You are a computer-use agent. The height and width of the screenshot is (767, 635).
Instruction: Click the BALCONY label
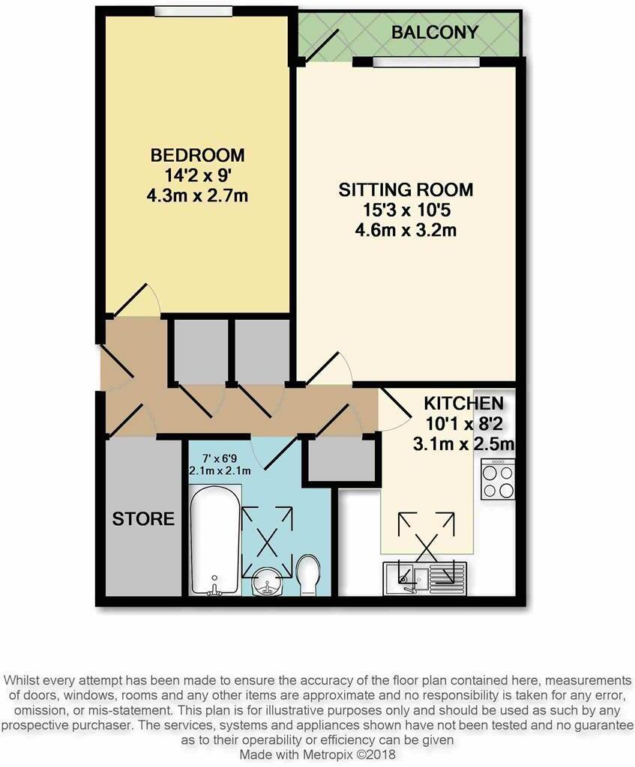[435, 32]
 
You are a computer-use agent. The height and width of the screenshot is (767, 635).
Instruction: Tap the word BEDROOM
[198, 156]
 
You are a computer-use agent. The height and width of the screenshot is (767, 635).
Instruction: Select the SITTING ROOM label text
[406, 190]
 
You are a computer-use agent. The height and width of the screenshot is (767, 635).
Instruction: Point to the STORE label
[144, 518]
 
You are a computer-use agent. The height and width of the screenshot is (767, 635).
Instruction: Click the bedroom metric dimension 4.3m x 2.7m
[198, 196]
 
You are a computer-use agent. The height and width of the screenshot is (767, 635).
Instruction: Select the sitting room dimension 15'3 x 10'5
[406, 210]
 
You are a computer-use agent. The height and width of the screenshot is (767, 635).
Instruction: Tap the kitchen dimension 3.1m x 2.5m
[463, 444]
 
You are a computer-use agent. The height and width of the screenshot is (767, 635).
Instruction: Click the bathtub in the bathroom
[214, 536]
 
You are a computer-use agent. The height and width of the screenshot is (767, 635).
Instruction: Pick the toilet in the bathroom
[309, 575]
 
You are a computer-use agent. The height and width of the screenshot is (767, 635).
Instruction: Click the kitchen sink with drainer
[424, 575]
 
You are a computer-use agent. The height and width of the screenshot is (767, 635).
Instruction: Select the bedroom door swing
[137, 300]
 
